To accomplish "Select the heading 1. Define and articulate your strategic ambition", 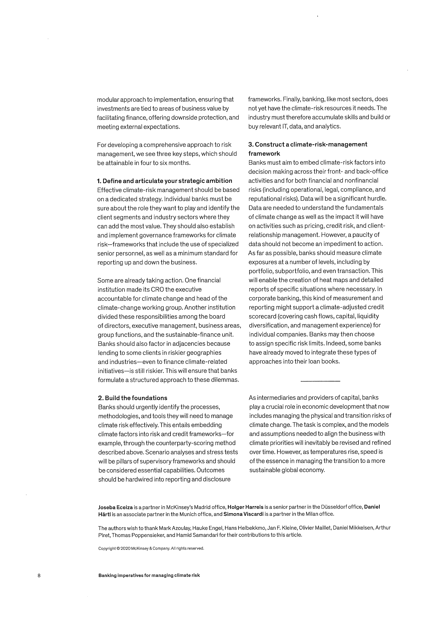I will click(165, 181).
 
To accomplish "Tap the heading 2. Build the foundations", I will click(132, 398).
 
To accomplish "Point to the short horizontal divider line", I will click(320, 381).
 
